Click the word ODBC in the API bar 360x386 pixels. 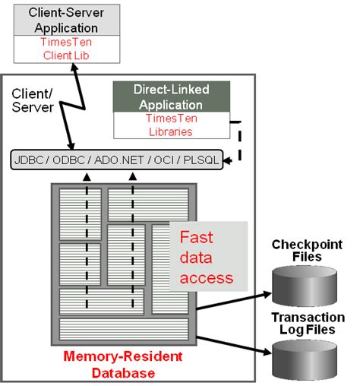coord(70,161)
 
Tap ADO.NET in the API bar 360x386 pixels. coord(114,161)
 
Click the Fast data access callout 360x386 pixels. coord(207,257)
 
